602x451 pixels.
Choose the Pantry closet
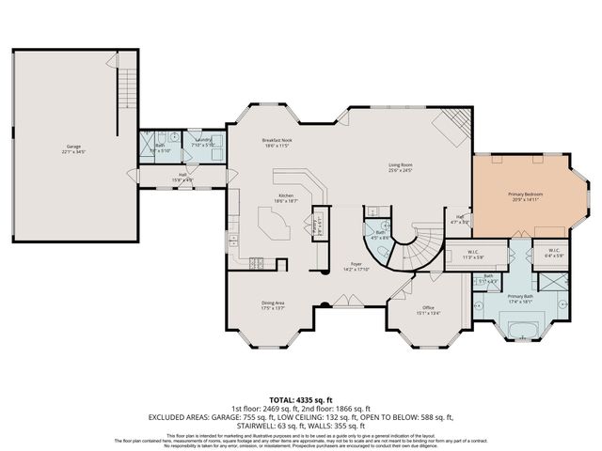point(313,226)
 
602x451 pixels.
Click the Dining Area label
point(273,304)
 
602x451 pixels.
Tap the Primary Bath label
point(520,298)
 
